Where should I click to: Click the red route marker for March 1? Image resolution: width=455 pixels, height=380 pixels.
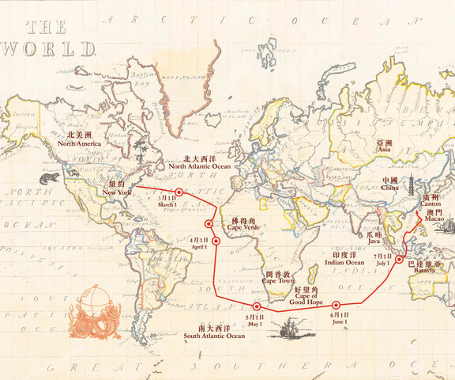coord(179,192)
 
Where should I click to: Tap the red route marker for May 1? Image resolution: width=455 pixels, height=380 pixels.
coord(257,306)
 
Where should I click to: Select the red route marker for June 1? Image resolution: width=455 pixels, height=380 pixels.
coord(336,305)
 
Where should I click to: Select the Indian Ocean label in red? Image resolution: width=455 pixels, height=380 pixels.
coord(344,258)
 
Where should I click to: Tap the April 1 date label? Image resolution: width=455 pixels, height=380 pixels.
coord(198,242)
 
